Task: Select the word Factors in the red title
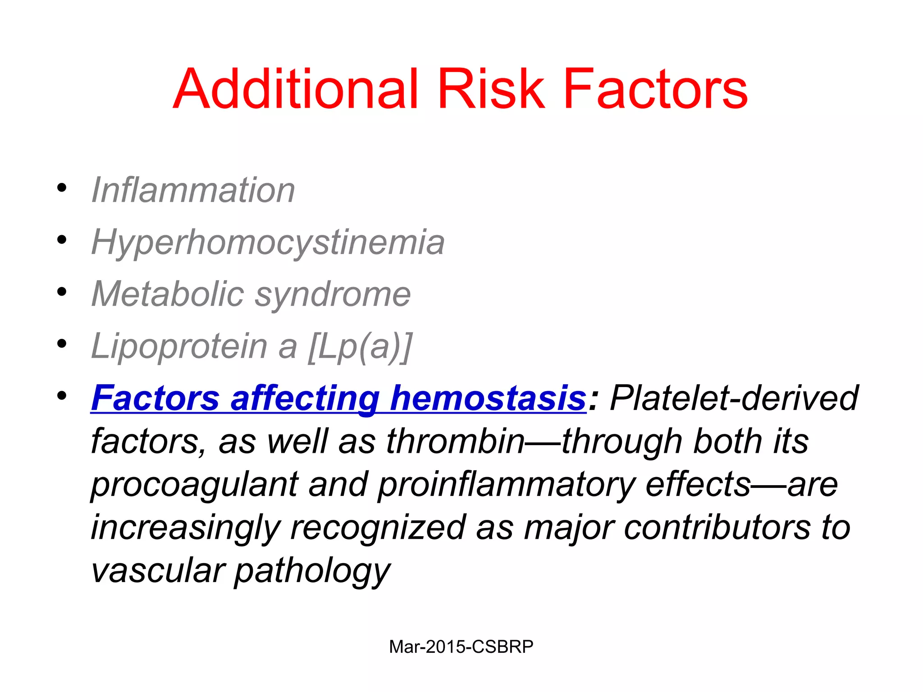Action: (x=655, y=89)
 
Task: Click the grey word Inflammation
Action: (x=193, y=190)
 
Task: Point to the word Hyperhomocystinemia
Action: (x=268, y=243)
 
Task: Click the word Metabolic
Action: (x=168, y=294)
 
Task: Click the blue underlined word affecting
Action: (x=305, y=398)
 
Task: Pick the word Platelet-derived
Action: (x=734, y=398)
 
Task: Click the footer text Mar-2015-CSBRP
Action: (x=461, y=647)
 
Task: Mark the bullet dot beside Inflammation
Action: (x=62, y=188)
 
